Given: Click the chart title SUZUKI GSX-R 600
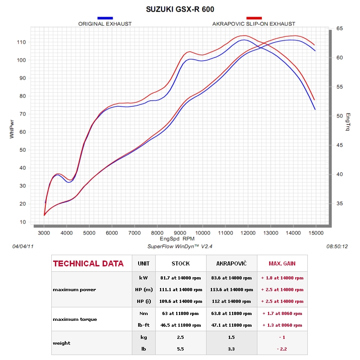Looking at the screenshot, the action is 180,9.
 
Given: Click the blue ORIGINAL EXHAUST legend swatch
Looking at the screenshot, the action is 105,18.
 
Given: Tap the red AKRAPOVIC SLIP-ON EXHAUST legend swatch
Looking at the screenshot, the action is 254,18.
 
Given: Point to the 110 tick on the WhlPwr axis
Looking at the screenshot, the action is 21,42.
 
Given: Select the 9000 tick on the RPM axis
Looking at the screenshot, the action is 180,233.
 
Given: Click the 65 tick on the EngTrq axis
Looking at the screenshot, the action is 340,28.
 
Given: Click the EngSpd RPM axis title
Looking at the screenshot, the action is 177,238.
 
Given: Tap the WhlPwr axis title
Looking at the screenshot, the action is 12,129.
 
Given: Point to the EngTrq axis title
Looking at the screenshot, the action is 348,122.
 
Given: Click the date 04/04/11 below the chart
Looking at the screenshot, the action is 23,246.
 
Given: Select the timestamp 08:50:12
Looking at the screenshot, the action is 337,246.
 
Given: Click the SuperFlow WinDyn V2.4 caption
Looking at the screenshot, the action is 180,246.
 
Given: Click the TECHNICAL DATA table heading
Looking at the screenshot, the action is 88,264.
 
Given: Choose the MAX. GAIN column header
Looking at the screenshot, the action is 282,264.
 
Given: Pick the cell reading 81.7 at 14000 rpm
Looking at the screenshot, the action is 181,278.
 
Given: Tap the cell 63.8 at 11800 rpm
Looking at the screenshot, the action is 231,313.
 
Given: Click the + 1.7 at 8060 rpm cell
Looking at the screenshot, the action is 282,313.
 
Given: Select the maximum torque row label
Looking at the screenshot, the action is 75,319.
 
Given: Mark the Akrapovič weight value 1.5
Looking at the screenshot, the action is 231,337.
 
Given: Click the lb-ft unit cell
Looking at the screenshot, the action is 144,325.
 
